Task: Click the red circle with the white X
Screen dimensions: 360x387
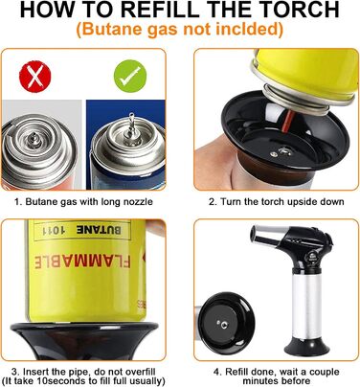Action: [x=35, y=77]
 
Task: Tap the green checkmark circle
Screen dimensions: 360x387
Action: [x=130, y=77]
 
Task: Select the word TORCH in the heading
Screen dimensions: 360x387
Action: [x=303, y=10]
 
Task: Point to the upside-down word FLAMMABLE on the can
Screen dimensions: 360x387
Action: [x=82, y=261]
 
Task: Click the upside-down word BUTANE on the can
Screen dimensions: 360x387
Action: [x=99, y=229]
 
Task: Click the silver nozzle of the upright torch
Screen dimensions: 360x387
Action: [x=264, y=237]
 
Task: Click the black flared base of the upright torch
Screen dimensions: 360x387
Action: [x=306, y=347]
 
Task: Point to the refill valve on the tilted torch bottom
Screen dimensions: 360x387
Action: [x=224, y=325]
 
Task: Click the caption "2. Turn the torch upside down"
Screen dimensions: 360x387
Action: [x=277, y=202]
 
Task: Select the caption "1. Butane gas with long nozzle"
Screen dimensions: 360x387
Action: [x=83, y=202]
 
